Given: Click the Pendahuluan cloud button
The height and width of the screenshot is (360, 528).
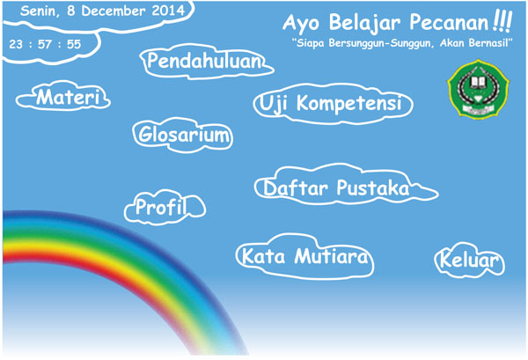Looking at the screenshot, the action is [206, 62].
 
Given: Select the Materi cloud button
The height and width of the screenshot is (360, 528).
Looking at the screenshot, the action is [63, 97].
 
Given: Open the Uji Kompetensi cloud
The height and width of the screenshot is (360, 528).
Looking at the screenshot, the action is [333, 104].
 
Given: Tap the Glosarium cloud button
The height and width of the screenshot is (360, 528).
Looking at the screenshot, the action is [183, 135].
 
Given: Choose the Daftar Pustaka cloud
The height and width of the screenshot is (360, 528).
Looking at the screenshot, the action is [346, 187].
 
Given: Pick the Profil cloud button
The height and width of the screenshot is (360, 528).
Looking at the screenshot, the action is [165, 207].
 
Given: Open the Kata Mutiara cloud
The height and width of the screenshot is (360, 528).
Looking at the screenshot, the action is [304, 257].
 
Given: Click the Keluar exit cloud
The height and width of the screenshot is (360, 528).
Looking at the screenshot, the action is [469, 261].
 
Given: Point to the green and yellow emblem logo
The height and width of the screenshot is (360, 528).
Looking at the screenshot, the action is [478, 89].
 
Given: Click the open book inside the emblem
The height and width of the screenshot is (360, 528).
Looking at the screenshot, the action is [478, 82].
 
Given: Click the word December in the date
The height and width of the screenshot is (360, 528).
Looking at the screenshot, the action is [114, 11].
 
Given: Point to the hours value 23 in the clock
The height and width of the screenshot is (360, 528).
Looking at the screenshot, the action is [16, 44].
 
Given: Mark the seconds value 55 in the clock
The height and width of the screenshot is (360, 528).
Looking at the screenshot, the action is [74, 44].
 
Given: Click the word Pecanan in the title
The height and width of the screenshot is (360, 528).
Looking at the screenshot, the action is [449, 23].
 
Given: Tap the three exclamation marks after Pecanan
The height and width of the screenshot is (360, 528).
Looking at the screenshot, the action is [502, 21].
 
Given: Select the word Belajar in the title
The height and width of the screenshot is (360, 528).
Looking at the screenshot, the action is [364, 24].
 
